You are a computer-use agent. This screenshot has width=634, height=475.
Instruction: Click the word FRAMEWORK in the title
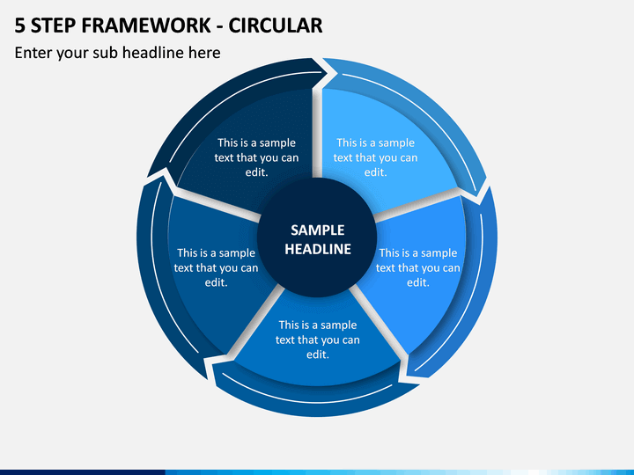(x=146, y=26)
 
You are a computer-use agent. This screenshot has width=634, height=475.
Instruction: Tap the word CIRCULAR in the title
(x=276, y=26)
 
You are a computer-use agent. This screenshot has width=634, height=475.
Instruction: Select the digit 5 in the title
(x=19, y=26)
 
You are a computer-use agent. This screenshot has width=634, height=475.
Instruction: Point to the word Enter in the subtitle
(x=33, y=53)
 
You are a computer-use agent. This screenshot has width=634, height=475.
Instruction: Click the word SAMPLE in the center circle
(x=317, y=230)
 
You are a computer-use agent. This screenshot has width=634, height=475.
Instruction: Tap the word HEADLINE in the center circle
(x=317, y=249)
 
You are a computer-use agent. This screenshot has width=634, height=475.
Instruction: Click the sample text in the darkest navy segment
(x=256, y=157)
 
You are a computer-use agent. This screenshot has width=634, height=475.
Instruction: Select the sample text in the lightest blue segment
(x=375, y=157)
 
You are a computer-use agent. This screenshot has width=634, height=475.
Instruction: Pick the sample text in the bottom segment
(x=317, y=340)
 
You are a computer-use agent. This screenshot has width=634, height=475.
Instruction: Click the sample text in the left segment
(x=216, y=267)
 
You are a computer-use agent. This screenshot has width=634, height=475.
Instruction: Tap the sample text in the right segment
(x=417, y=267)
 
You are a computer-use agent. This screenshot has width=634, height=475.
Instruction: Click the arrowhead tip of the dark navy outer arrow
(x=327, y=73)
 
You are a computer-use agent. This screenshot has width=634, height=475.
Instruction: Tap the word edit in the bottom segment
(x=317, y=354)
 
